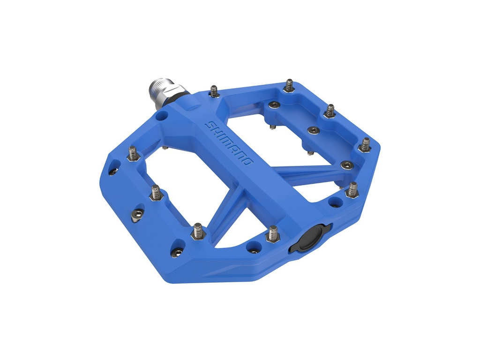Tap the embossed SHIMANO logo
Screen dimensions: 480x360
[228, 143]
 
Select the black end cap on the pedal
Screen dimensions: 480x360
[308, 238]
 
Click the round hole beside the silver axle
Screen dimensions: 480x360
[161, 116]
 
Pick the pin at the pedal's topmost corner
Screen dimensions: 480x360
[289, 86]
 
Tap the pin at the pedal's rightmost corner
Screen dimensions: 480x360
[365, 145]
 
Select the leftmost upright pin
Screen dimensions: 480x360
[132, 153]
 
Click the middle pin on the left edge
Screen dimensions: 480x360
[157, 193]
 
